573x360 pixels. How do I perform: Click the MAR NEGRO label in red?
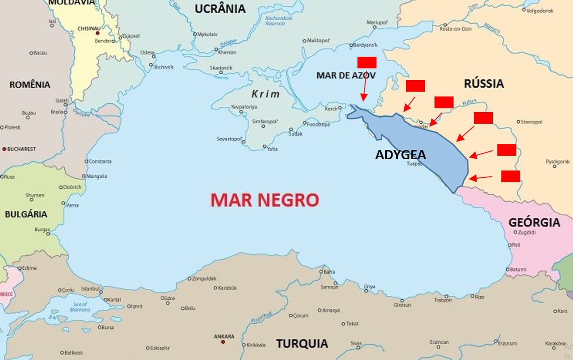(265, 200)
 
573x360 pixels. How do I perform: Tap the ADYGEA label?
(400, 155)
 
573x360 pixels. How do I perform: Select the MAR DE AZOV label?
(346, 75)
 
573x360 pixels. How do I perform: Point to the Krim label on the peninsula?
(266, 94)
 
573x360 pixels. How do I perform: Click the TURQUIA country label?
(302, 344)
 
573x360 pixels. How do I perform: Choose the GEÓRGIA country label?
(534, 222)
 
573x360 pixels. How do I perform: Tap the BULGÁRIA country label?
(26, 214)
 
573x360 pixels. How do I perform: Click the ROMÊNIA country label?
(30, 85)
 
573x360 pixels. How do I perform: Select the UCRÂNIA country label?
(220, 9)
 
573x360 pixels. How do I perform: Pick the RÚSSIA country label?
(484, 83)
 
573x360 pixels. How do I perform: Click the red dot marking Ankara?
(223, 342)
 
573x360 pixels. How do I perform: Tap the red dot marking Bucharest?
(5, 149)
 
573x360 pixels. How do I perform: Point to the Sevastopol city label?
(230, 139)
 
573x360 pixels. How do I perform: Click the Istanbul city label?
(90, 288)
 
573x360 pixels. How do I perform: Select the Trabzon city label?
(442, 300)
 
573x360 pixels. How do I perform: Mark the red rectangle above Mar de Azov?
(366, 62)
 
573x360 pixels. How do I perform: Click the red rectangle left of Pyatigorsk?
(506, 150)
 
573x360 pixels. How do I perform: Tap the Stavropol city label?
(532, 122)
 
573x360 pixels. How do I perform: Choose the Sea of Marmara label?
(82, 307)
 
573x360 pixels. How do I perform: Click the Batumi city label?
(518, 269)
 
